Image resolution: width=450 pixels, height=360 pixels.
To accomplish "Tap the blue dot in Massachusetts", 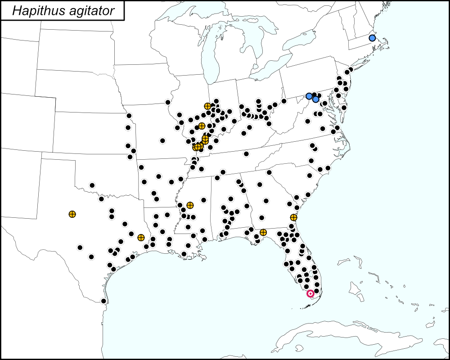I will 372,38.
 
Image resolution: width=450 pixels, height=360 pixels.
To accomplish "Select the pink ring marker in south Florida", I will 310,293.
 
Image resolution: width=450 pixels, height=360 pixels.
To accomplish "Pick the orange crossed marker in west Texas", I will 72,214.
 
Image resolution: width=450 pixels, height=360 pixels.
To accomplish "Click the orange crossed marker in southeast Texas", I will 141,237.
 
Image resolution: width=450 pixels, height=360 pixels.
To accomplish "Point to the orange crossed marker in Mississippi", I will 190,205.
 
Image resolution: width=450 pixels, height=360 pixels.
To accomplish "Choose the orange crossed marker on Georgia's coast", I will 293,217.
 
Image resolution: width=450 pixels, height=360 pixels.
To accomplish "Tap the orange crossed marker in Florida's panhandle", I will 263,232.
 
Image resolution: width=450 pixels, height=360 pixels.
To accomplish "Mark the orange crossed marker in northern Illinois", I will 207,106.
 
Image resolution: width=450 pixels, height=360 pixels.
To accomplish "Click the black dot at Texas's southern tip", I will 103,301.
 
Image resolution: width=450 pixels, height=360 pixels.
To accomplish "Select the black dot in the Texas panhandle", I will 92,185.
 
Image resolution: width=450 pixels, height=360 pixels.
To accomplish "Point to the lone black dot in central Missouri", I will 162,140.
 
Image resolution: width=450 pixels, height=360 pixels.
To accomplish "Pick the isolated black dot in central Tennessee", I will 246,154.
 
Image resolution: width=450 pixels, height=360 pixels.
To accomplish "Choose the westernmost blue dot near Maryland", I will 309,96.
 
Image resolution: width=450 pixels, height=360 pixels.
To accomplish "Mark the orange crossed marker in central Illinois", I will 202,126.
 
